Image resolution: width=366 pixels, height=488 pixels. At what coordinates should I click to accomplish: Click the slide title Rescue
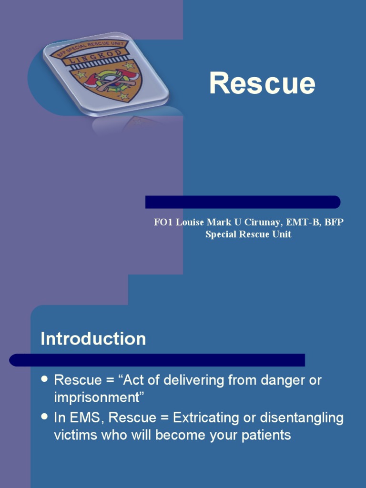click(x=262, y=83)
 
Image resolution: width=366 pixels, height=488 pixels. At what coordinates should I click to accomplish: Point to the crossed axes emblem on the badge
click(x=112, y=80)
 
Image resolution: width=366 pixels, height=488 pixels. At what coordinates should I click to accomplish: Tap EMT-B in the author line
click(x=303, y=223)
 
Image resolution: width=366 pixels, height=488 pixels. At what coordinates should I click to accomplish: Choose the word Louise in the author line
click(x=190, y=223)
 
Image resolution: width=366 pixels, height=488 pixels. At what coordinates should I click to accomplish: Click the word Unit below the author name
click(x=281, y=234)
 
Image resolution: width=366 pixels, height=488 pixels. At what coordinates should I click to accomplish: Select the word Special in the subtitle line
click(x=221, y=234)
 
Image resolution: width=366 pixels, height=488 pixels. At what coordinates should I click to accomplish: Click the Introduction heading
click(x=93, y=339)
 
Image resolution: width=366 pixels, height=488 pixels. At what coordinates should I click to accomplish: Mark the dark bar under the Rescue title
click(x=243, y=202)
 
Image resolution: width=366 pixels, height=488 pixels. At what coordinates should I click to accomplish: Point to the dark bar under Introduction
click(x=157, y=360)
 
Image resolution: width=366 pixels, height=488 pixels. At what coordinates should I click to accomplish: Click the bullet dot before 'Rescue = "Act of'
click(x=45, y=379)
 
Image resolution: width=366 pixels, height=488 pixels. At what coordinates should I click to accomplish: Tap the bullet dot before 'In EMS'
click(x=45, y=417)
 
